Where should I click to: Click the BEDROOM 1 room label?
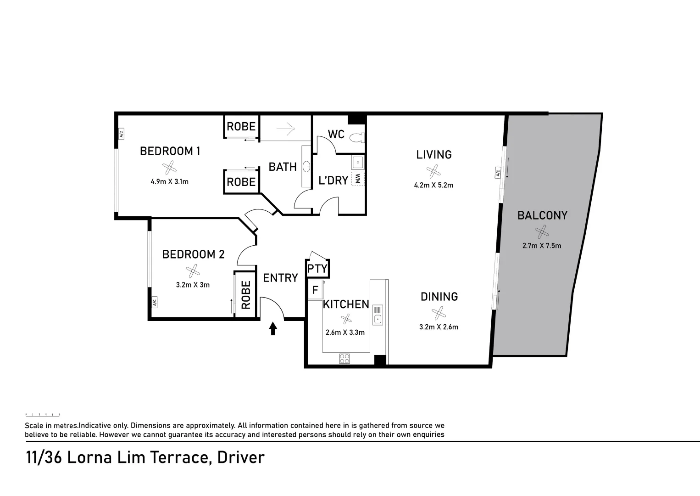(170, 151)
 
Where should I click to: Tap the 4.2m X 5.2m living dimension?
(433, 186)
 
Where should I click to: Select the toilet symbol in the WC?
(356, 137)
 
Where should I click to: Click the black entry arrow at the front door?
(273, 328)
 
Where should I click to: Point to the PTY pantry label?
(317, 269)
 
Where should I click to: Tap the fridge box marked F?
(315, 291)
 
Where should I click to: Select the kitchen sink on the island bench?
(378, 315)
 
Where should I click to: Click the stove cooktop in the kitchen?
(344, 358)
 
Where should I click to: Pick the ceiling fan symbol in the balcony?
(541, 231)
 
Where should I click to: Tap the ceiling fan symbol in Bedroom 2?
(192, 272)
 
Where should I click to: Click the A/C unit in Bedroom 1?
(122, 134)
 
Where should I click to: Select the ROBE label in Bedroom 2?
(246, 295)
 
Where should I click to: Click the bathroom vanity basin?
(306, 166)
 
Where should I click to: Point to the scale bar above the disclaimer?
(42, 415)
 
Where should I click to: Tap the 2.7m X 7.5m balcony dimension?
(541, 246)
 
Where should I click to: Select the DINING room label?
(439, 297)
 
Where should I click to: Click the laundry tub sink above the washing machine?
(358, 162)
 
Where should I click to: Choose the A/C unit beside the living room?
(497, 173)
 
